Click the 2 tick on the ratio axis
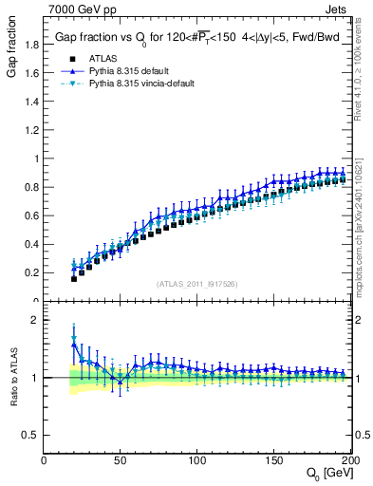point(36,321)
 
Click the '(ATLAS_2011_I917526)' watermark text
point(196,284)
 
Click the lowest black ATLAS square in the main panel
point(74,278)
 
